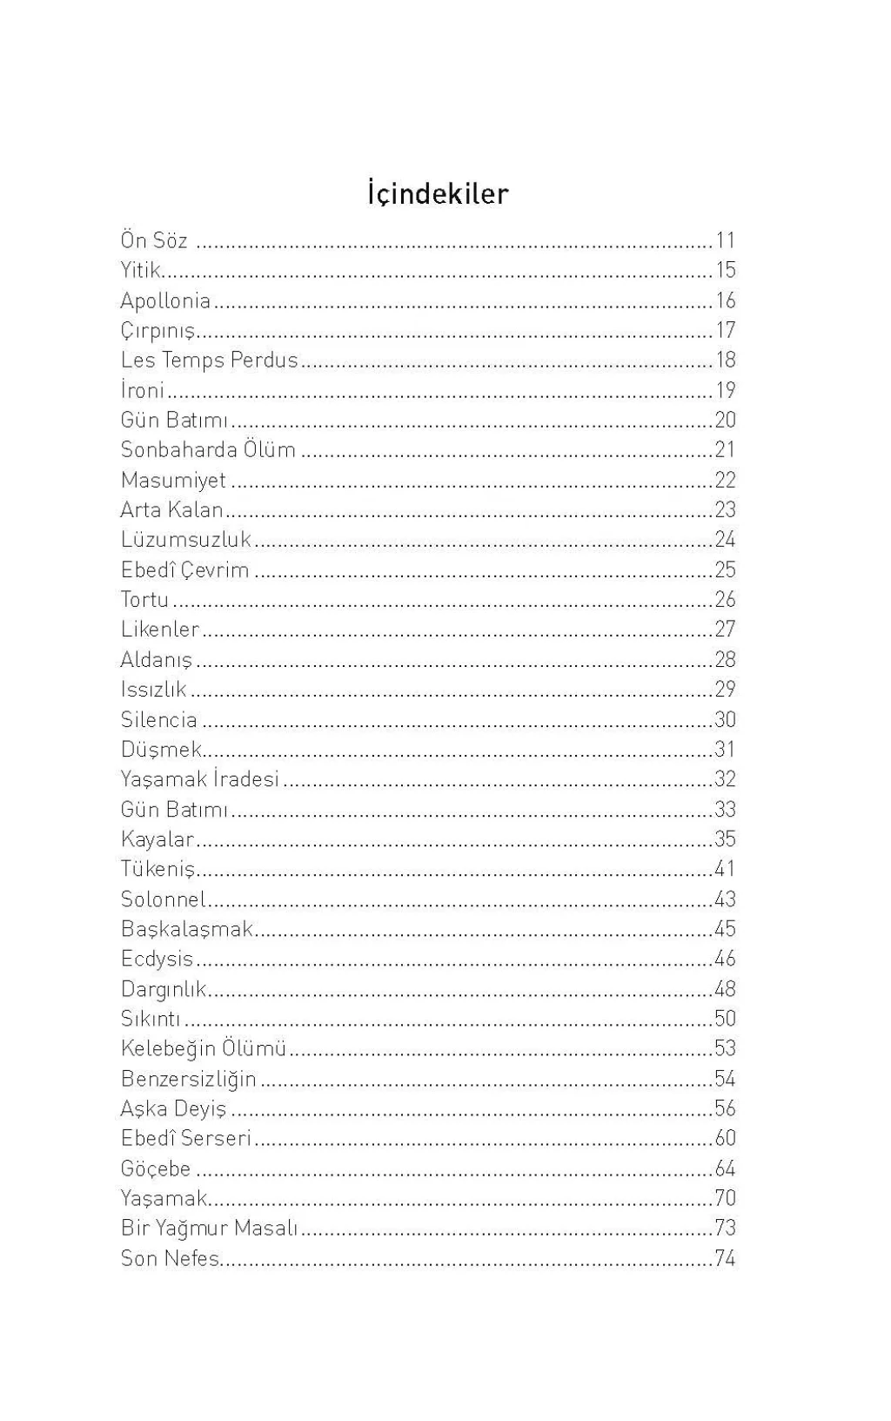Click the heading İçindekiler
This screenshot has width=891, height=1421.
[x=438, y=193]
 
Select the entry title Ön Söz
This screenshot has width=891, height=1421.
[x=154, y=240]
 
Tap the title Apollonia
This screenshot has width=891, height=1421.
[x=165, y=300]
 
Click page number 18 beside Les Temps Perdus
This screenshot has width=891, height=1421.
[x=726, y=360]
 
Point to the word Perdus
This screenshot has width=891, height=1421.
[x=265, y=360]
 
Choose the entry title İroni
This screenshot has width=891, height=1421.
[x=143, y=389]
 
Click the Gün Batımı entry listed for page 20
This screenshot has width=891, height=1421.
[x=174, y=420]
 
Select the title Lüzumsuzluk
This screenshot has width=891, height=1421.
[x=186, y=539]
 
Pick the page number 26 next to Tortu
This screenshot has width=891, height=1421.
[x=726, y=599]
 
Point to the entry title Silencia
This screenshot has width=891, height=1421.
[x=159, y=719]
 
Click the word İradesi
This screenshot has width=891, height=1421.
[x=246, y=778]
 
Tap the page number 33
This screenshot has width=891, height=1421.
[x=726, y=809]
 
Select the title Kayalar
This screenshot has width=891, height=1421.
[x=157, y=838]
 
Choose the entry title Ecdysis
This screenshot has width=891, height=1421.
[x=157, y=959]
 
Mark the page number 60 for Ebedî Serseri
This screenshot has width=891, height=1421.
[x=726, y=1138]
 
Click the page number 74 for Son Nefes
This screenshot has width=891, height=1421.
[x=726, y=1258]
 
